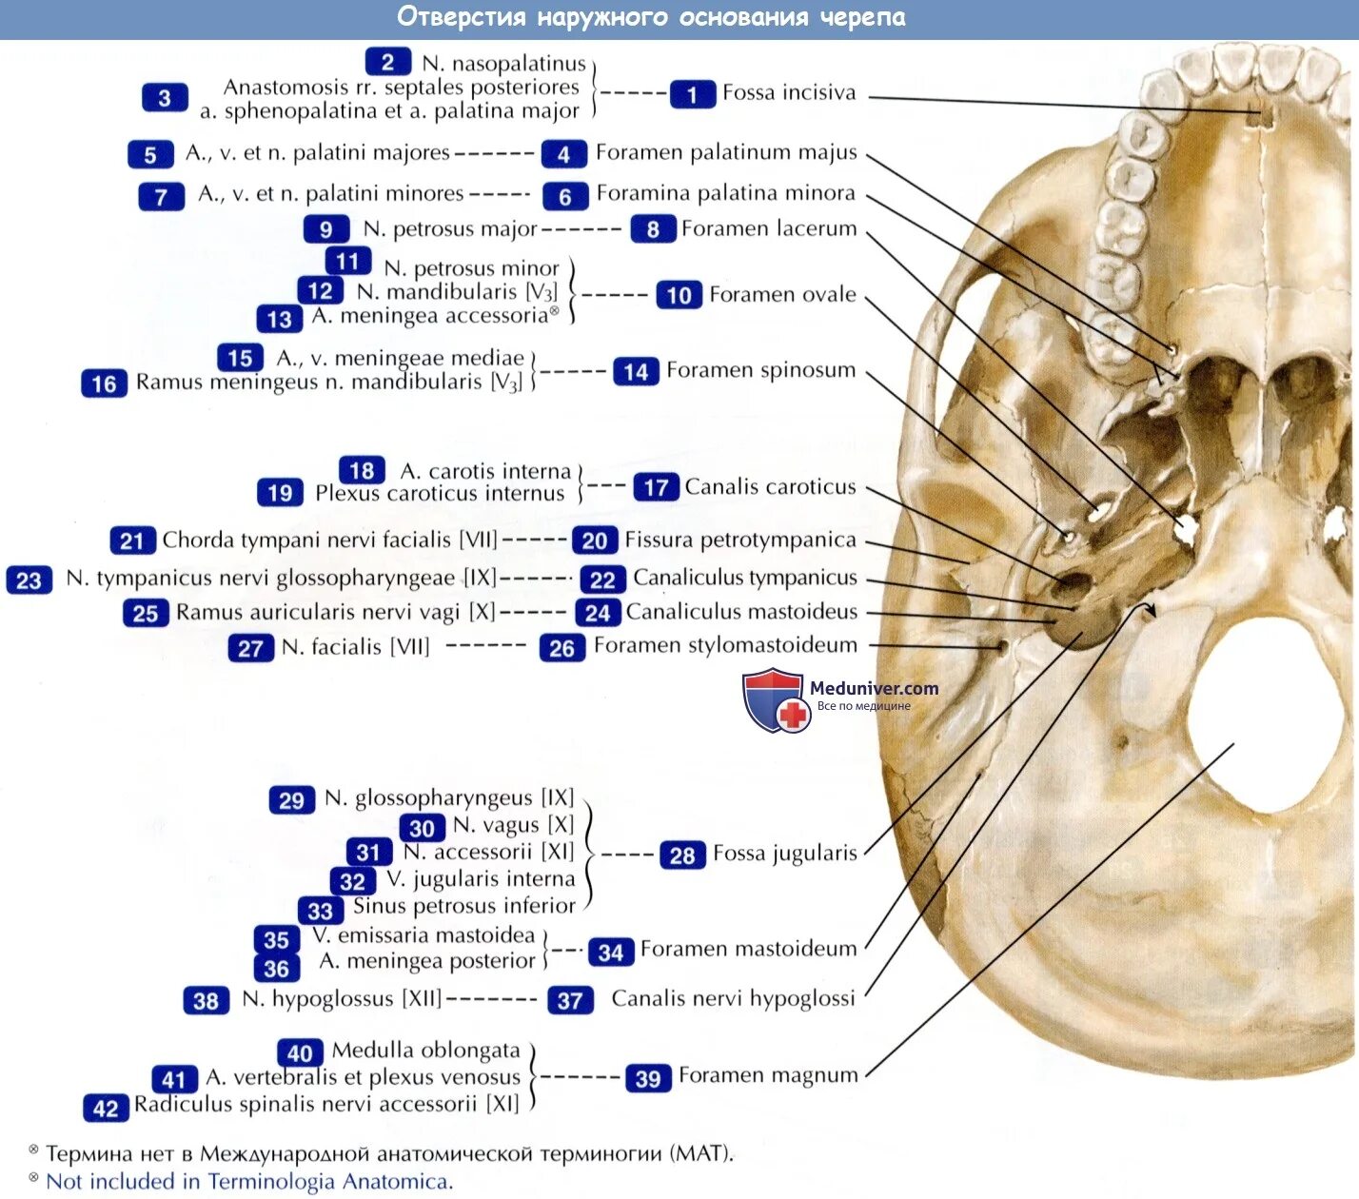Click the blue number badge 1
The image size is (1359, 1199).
[692, 94]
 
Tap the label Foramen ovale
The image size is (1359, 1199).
[782, 295]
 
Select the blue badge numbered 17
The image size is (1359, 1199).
[656, 487]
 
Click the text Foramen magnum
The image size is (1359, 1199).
[768, 1076]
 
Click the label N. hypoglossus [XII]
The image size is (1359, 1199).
[343, 999]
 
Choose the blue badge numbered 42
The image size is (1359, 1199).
[105, 1108]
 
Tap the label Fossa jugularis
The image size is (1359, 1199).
[785, 854]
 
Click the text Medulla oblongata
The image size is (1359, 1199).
[425, 1051]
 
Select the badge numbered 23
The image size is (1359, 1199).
[29, 580]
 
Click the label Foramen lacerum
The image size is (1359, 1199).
[769, 229]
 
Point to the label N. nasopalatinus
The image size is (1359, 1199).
[503, 64]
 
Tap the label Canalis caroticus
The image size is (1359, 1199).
[770, 487]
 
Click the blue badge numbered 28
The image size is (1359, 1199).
[681, 855]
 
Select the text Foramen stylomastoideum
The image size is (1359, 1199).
[725, 646]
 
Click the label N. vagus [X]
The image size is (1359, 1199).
[513, 826]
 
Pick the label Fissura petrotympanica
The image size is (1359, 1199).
[740, 541]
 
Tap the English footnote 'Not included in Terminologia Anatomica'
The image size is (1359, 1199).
[249, 1182]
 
